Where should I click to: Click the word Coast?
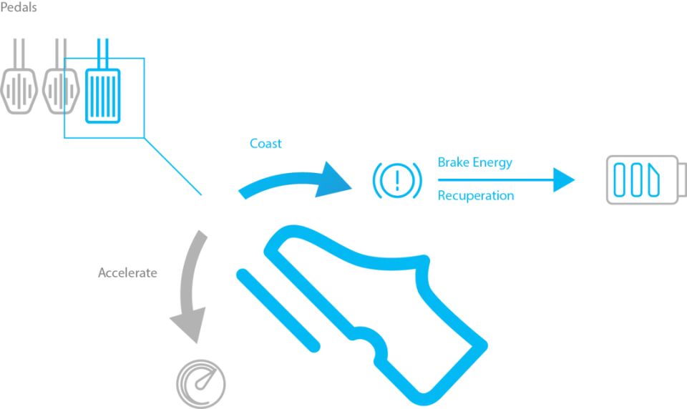tap(265, 143)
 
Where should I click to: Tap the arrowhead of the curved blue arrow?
tap(336, 179)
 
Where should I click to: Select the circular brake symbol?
tap(398, 179)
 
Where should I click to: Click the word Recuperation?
tap(475, 195)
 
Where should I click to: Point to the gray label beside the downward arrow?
tap(127, 272)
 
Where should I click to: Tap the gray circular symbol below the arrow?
tap(200, 383)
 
